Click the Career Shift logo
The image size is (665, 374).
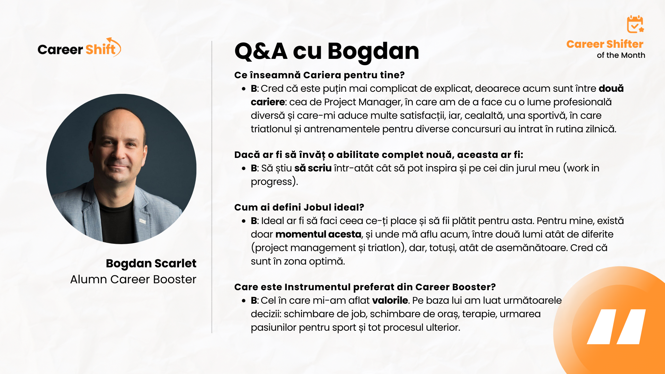pyautogui.click(x=79, y=48)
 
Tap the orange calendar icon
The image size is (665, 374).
pyautogui.click(x=635, y=24)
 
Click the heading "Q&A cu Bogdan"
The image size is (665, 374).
pyautogui.click(x=327, y=51)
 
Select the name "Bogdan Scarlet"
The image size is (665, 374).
pyautogui.click(x=151, y=264)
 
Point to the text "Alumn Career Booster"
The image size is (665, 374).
pyautogui.click(x=133, y=279)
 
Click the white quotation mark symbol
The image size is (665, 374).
pyautogui.click(x=616, y=327)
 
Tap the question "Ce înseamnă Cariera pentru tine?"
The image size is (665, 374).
pyautogui.click(x=319, y=75)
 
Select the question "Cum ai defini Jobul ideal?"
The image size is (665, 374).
pyautogui.click(x=299, y=207)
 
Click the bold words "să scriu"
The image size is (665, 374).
pyautogui.click(x=313, y=168)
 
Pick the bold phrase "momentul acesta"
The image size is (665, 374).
pyautogui.click(x=318, y=234)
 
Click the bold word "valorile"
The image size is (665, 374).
pyautogui.click(x=390, y=300)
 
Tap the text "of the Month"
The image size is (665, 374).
pyautogui.click(x=621, y=55)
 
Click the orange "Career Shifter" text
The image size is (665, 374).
pyautogui.click(x=605, y=44)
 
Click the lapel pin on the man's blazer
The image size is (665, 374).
pyautogui.click(x=142, y=221)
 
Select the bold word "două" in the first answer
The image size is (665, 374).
pyautogui.click(x=611, y=89)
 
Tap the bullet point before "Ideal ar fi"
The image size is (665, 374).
pyautogui.click(x=244, y=221)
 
